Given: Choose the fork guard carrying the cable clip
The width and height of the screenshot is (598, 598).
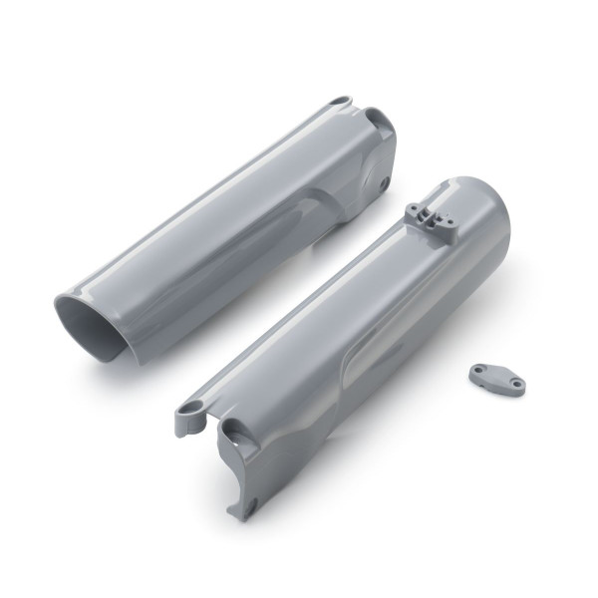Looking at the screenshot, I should (x=339, y=339).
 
